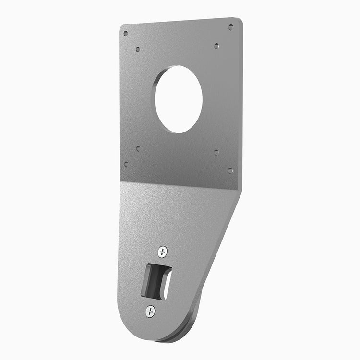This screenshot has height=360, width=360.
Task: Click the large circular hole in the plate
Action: [x=178, y=99]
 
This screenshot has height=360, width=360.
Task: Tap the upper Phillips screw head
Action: [x=163, y=251]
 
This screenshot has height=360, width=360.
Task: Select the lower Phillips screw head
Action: [x=150, y=311]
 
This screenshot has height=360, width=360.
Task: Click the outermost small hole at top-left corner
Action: [x=126, y=34]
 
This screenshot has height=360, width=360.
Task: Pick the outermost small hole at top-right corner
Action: [x=230, y=27]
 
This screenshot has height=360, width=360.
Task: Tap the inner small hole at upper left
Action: [x=138, y=49]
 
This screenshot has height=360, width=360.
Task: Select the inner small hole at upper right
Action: [x=216, y=46]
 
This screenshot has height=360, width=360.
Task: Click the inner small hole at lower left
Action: [x=138, y=149]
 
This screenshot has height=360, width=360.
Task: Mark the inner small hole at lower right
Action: [x=216, y=152]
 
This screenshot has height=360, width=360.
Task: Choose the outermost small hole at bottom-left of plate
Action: [x=126, y=164]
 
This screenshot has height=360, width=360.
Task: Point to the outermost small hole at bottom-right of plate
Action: [x=230, y=170]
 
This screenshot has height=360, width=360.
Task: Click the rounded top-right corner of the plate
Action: [x=239, y=21]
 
